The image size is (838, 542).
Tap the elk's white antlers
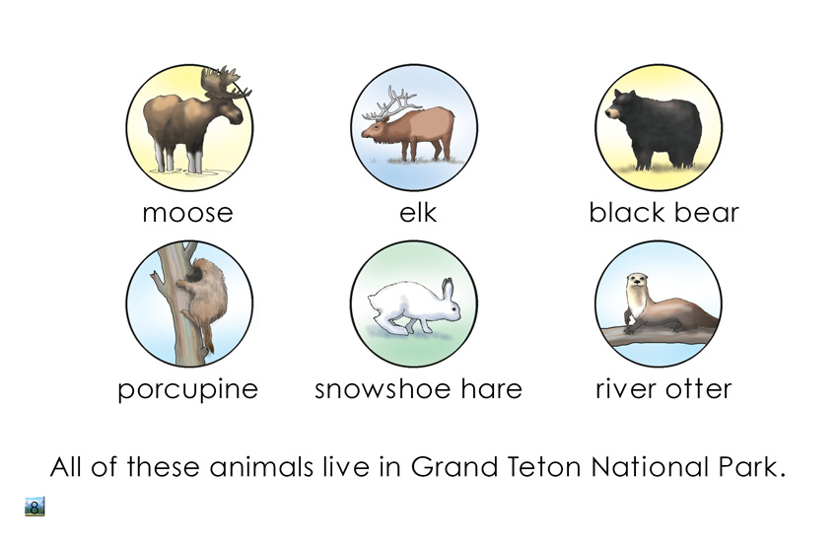coord(390,104)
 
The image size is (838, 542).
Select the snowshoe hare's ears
coord(447,289)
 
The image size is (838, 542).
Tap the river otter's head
coord(637,282)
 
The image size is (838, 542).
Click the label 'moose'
coord(187,213)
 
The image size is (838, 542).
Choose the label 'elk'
coord(418,212)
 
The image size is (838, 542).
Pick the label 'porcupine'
coord(187,389)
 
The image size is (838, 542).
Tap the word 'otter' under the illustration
coord(698,388)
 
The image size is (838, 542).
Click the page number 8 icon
coord(35,507)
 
